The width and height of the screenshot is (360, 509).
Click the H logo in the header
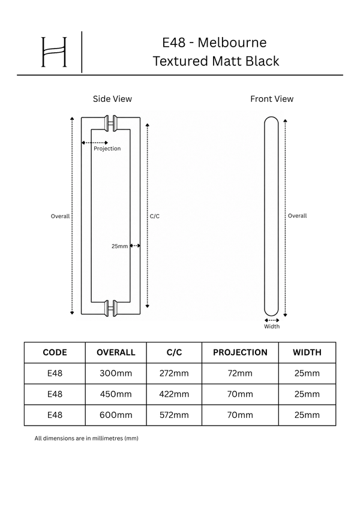[54, 52]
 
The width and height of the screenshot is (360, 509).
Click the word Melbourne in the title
[232, 43]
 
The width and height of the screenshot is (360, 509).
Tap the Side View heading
[112, 99]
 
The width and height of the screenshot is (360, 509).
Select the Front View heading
[272, 99]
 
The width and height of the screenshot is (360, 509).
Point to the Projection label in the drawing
[107, 149]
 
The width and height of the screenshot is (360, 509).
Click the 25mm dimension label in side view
[119, 246]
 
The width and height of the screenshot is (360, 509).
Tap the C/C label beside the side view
[155, 216]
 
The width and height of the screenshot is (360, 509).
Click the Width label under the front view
[272, 327]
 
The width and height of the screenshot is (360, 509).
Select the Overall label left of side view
[60, 216]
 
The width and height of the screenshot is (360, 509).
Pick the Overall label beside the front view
[297, 216]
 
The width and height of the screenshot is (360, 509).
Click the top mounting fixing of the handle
[110, 124]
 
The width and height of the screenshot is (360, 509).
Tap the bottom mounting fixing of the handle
[110, 308]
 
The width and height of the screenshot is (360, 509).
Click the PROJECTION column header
[240, 353]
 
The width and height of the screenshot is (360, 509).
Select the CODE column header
[55, 353]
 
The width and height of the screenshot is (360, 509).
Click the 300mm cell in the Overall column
[116, 374]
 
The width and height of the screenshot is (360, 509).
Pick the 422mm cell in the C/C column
[174, 394]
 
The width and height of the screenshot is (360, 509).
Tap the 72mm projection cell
[240, 374]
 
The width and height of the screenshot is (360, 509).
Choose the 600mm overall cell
[116, 415]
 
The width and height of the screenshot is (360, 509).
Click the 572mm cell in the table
[174, 415]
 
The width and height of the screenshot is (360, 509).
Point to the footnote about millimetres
[86, 438]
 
